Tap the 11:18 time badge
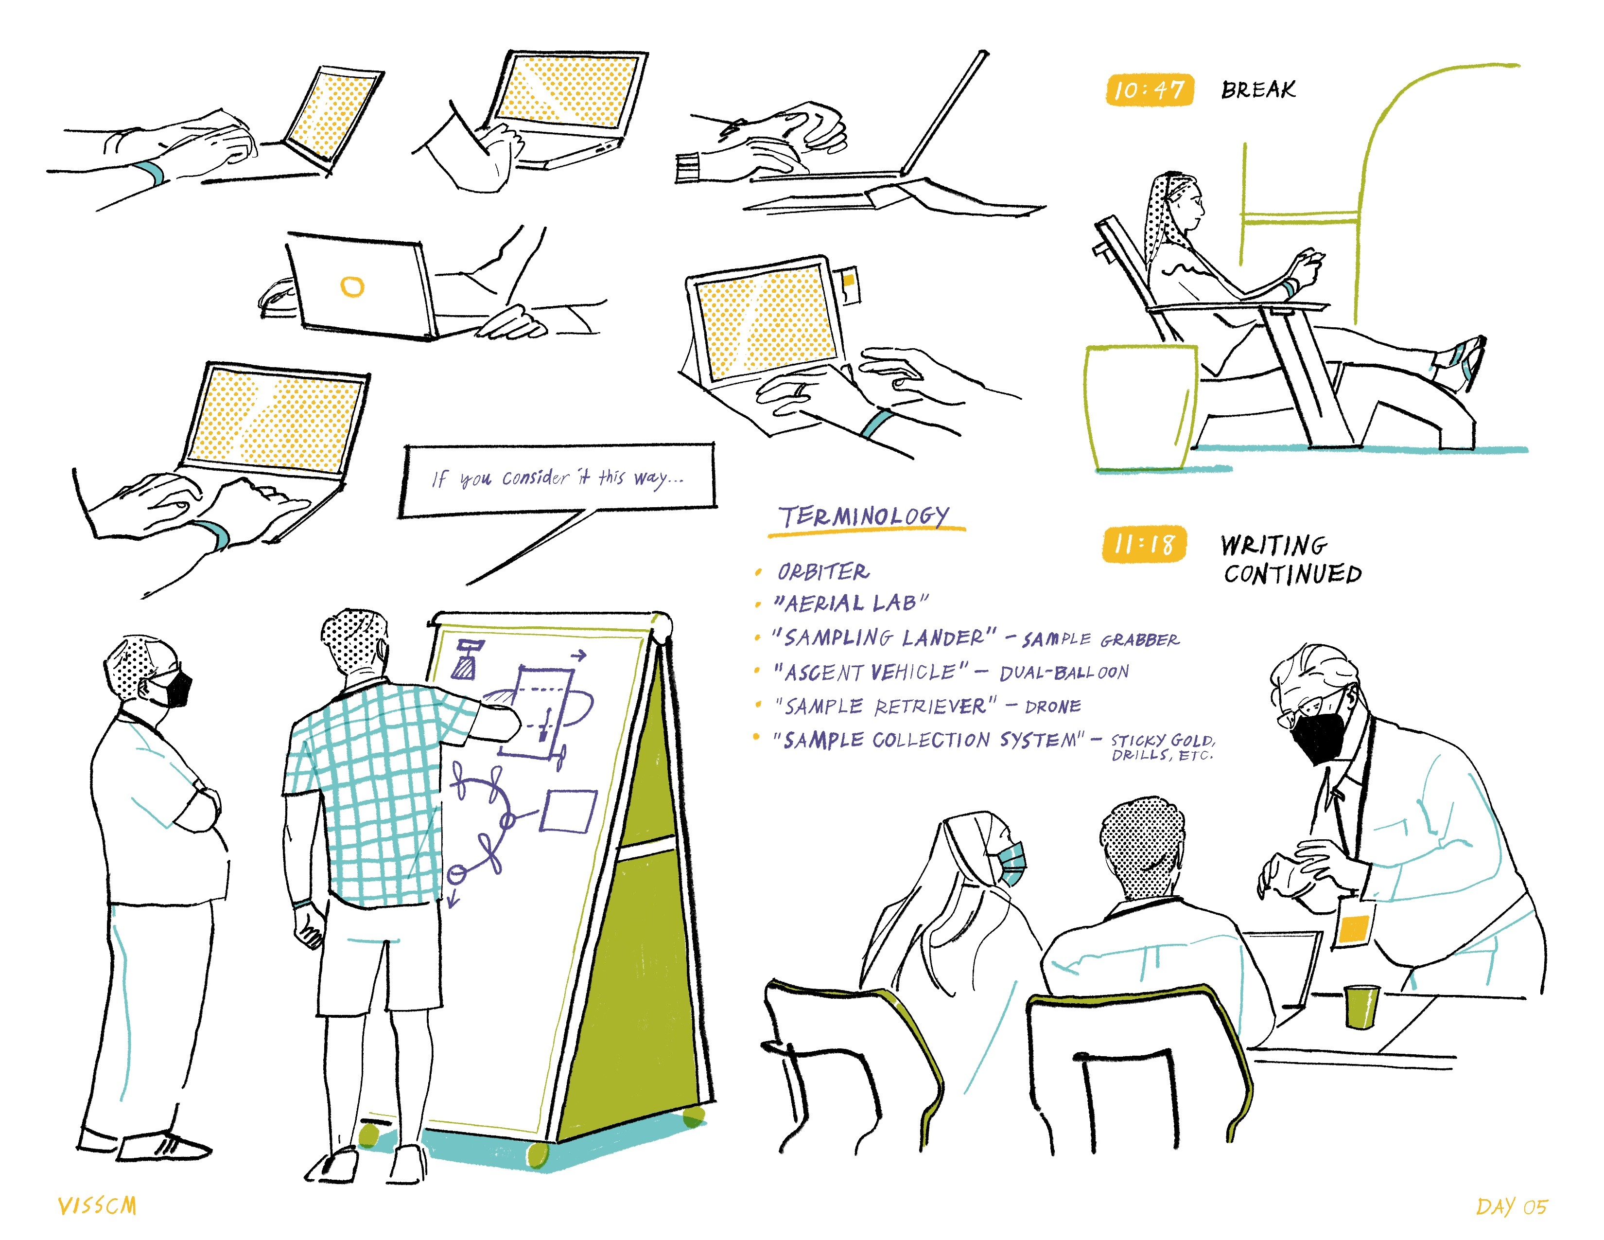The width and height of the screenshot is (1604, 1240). point(1144,544)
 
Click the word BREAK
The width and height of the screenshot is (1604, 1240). point(1258,89)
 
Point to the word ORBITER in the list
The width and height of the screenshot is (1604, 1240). point(823,571)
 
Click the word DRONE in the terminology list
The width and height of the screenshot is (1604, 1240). point(1053,707)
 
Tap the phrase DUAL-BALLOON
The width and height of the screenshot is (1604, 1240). point(1064,672)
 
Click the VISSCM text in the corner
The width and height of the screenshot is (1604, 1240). point(98,1205)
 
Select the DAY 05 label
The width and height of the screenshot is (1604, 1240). point(1512,1206)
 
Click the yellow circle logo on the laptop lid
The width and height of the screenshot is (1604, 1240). point(352,286)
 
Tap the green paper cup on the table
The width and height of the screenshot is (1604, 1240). point(1361,1007)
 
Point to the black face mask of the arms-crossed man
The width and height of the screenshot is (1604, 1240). point(174,689)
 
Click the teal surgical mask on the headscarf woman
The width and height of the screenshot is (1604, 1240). point(1011,863)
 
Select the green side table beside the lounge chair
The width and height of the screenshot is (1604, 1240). point(1141,407)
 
